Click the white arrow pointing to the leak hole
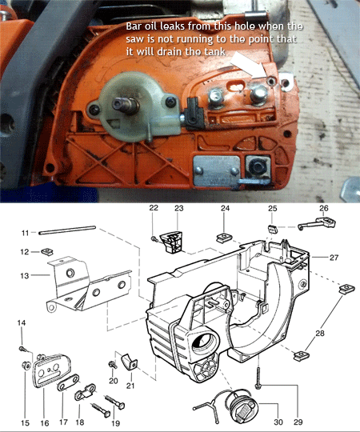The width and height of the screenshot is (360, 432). (x=248, y=65)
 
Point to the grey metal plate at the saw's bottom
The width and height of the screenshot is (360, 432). (x=217, y=170)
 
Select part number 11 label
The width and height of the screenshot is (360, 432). (x=25, y=233)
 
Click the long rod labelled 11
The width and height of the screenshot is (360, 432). (x=67, y=230)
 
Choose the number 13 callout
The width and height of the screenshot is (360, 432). (x=25, y=275)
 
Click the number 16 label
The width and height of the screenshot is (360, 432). (x=45, y=422)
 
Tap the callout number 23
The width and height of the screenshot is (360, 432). (x=178, y=208)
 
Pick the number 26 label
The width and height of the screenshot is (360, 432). (x=324, y=208)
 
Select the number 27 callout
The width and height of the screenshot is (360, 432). (x=334, y=258)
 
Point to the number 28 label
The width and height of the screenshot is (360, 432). (x=320, y=334)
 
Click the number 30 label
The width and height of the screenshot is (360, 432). (x=278, y=422)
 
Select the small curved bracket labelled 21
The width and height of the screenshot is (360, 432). (x=130, y=362)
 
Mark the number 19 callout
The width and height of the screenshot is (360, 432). (x=115, y=422)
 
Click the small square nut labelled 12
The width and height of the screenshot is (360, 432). (x=47, y=251)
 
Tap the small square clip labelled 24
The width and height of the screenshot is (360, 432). (x=223, y=238)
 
